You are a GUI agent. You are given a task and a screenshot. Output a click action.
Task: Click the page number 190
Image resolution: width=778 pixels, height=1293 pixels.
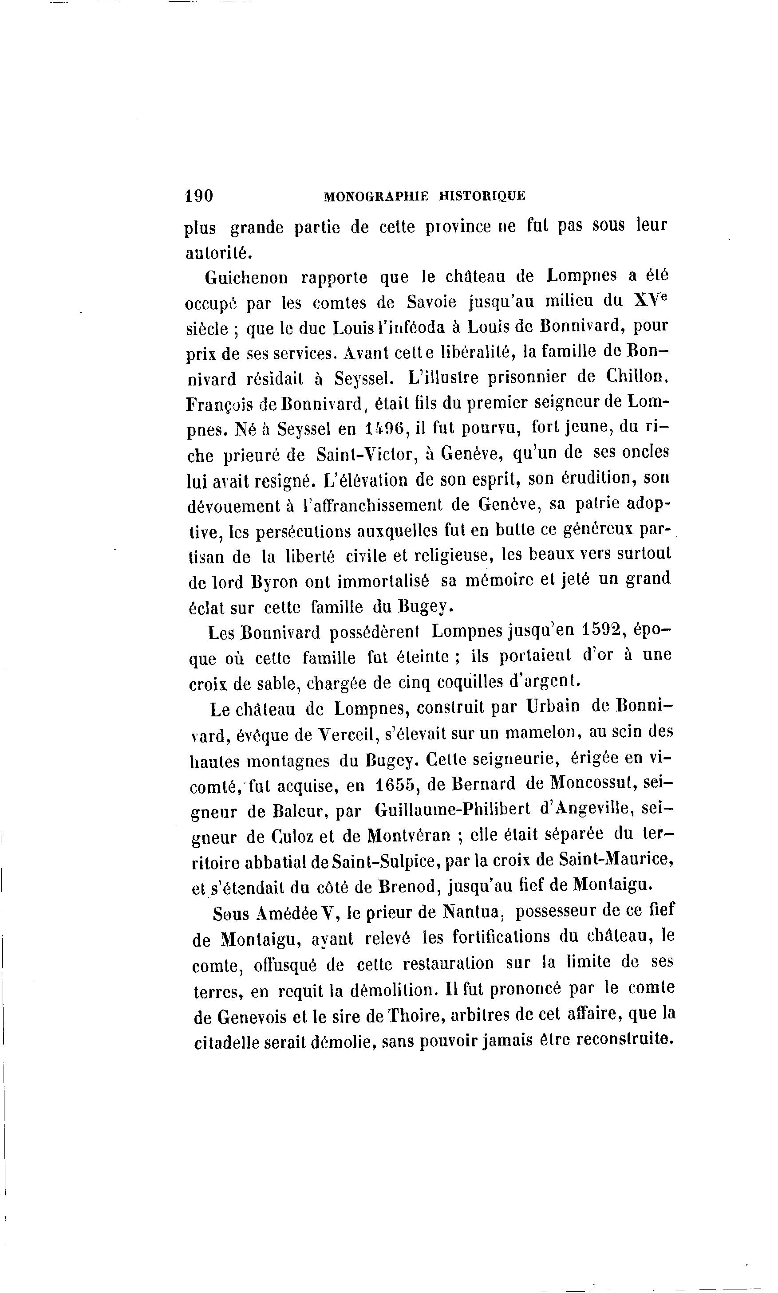[199, 196]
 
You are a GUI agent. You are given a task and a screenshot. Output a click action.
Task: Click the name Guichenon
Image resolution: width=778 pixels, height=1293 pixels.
[246, 277]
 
